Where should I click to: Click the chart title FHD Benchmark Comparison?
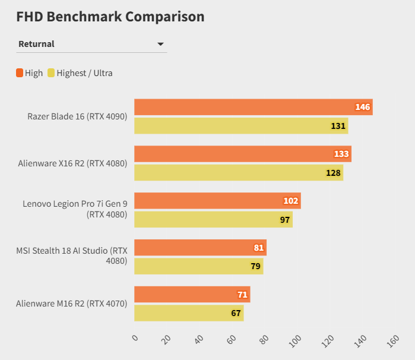tap(110, 17)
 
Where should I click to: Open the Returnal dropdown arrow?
tap(160, 44)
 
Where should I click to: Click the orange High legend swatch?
tap(20, 73)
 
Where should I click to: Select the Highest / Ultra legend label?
tap(84, 73)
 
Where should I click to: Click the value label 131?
tap(338, 126)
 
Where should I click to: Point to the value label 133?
tap(341, 154)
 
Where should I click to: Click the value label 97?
tap(285, 220)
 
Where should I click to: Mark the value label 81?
tap(258, 247)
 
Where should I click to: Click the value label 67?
tap(236, 313)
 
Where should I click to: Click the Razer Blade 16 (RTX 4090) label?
tap(77, 116)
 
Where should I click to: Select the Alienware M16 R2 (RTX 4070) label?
tap(72, 304)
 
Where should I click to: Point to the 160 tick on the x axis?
tap(392, 340)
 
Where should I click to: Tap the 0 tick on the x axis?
tap(135, 338)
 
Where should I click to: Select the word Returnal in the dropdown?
tap(36, 44)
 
